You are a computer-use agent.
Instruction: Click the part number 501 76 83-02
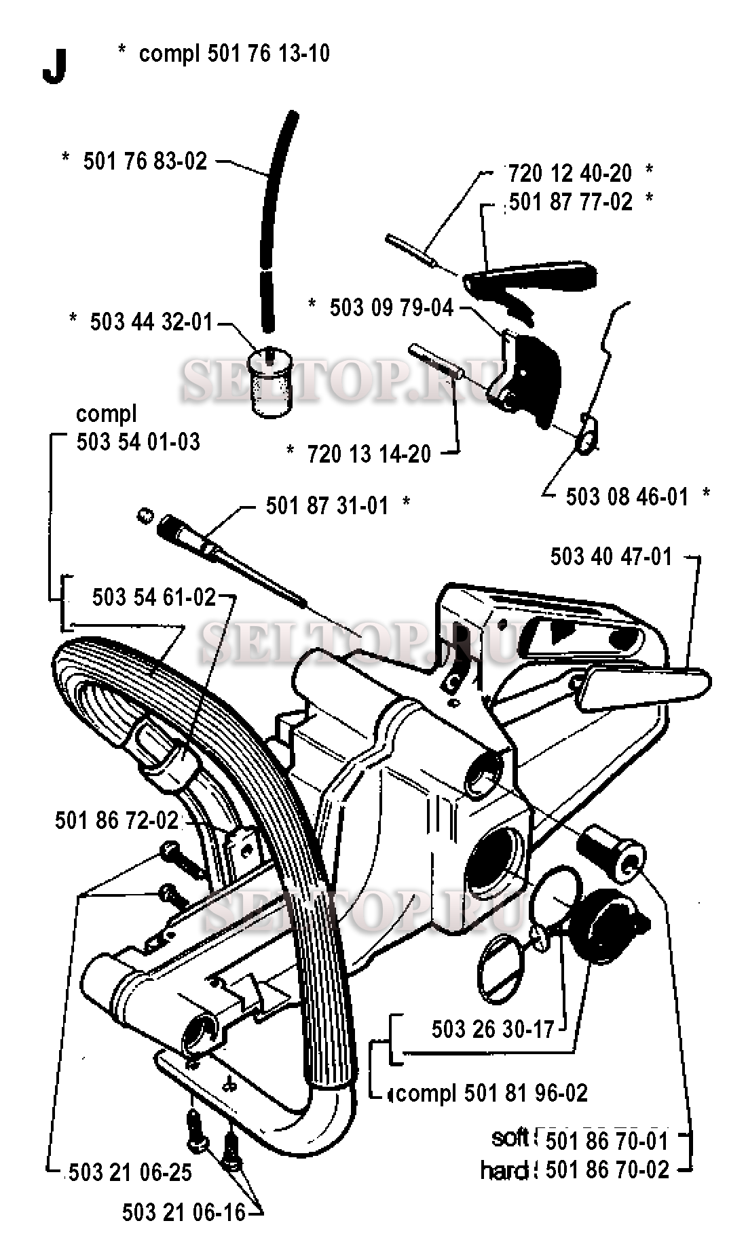pyautogui.click(x=145, y=161)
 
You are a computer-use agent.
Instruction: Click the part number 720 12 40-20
pyautogui.click(x=570, y=173)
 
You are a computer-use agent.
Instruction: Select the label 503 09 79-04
pyautogui.click(x=391, y=307)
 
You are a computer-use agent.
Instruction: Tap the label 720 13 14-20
pyautogui.click(x=369, y=453)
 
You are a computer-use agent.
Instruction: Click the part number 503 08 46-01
pyautogui.click(x=627, y=497)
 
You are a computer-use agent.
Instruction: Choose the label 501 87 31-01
pyautogui.click(x=327, y=505)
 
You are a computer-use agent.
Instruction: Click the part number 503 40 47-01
pyautogui.click(x=611, y=557)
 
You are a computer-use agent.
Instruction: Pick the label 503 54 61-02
pyautogui.click(x=154, y=597)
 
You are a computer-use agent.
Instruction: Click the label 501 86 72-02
pyautogui.click(x=117, y=820)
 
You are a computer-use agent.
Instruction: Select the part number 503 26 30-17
pyautogui.click(x=493, y=1029)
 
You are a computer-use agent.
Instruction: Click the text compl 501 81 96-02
pyautogui.click(x=492, y=1093)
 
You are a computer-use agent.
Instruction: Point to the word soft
pyautogui.click(x=510, y=1138)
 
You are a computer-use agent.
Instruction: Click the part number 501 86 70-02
pyautogui.click(x=607, y=1169)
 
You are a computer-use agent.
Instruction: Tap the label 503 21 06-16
pyautogui.click(x=183, y=1212)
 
